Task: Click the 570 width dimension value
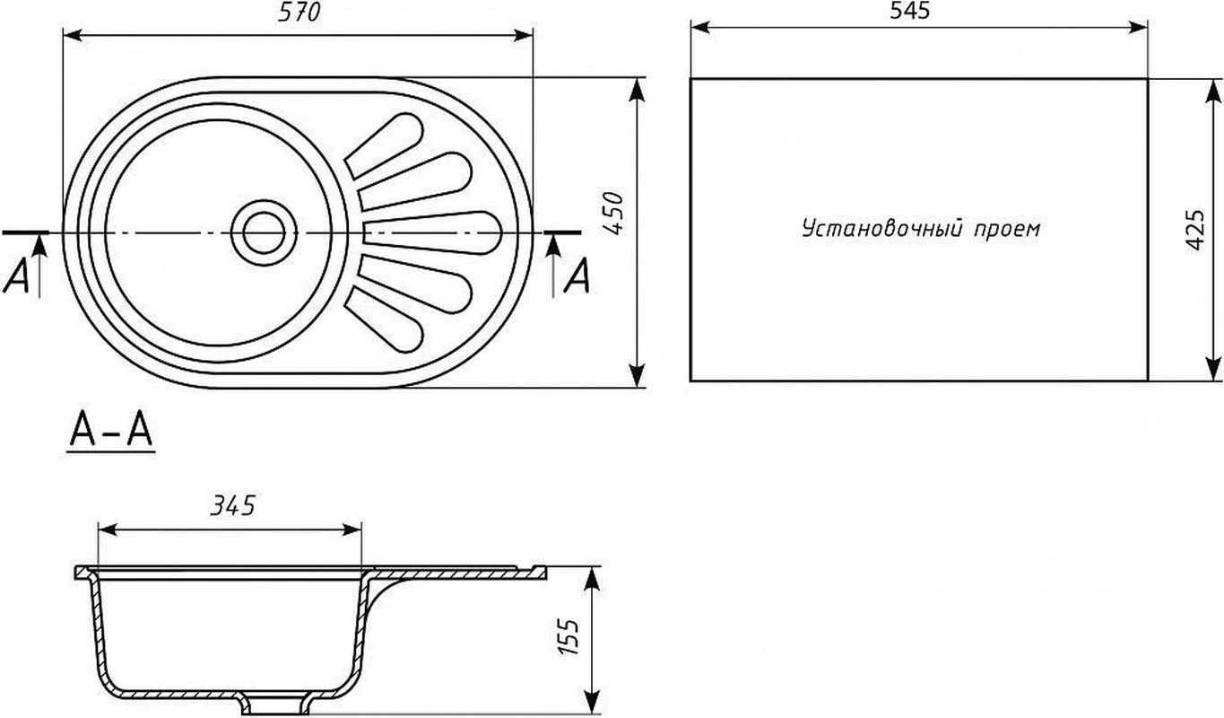[299, 12]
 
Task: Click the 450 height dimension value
[614, 214]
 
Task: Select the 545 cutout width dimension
[910, 11]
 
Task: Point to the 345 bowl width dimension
[233, 506]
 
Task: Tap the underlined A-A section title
[111, 432]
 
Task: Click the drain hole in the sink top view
[264, 233]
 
